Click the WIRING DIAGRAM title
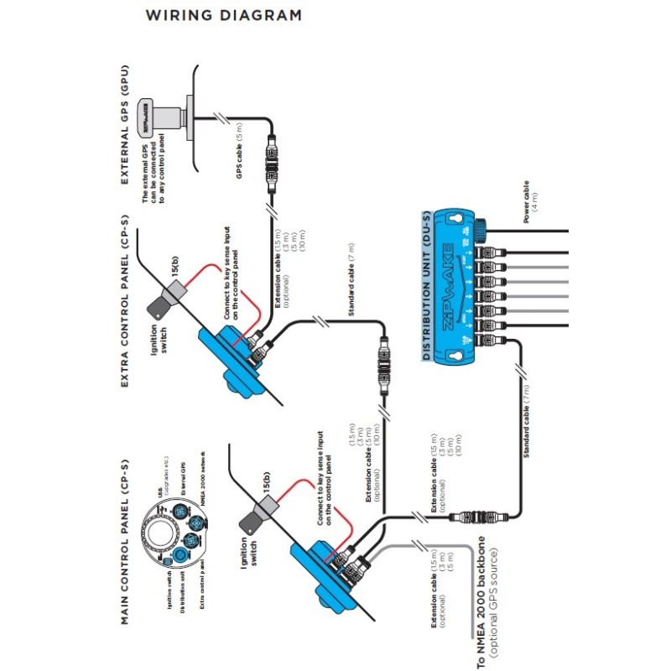223,15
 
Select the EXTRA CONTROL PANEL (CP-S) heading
125,302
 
